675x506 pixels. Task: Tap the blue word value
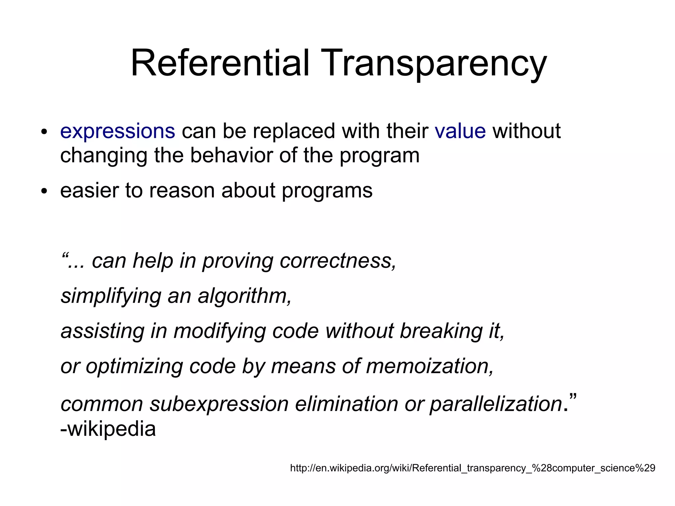(460, 131)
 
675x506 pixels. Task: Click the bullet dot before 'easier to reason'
(44, 191)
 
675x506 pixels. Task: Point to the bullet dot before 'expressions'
(44, 132)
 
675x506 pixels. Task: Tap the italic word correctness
(338, 261)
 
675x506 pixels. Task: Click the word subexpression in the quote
(219, 404)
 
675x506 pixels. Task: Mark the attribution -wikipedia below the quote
(108, 429)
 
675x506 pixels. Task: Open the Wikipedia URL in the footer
(473, 468)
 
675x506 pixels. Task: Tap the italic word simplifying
(111, 296)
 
